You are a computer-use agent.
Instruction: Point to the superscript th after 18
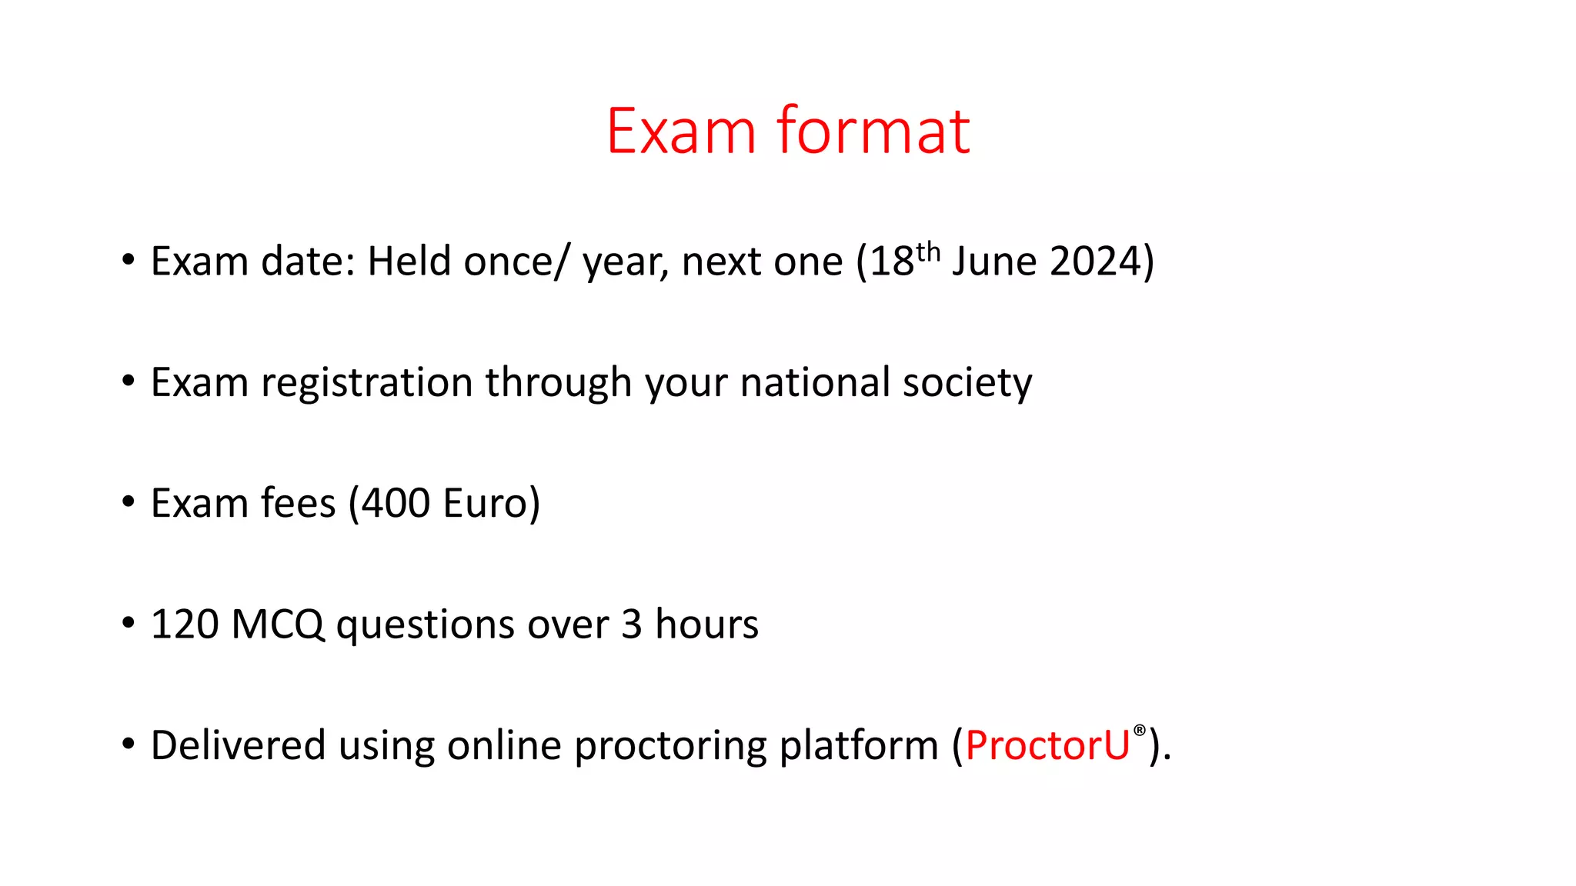(x=928, y=251)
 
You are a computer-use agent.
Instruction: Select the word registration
(x=366, y=383)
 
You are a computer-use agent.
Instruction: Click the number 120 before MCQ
(x=184, y=625)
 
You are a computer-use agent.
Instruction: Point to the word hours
(x=706, y=625)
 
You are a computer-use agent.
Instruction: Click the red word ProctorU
(x=1047, y=745)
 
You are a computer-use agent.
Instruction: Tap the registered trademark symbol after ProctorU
(x=1140, y=730)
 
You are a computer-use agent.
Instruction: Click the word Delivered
(x=238, y=745)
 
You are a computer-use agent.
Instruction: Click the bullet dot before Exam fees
(x=129, y=502)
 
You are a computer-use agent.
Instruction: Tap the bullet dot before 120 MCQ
(x=129, y=623)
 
